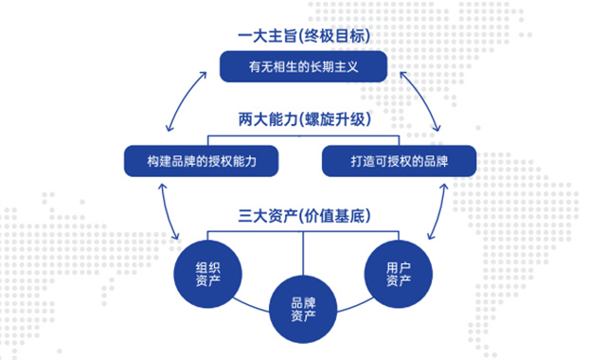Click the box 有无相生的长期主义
(303, 67)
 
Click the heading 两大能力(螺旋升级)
(303, 121)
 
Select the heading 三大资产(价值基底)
(303, 214)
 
